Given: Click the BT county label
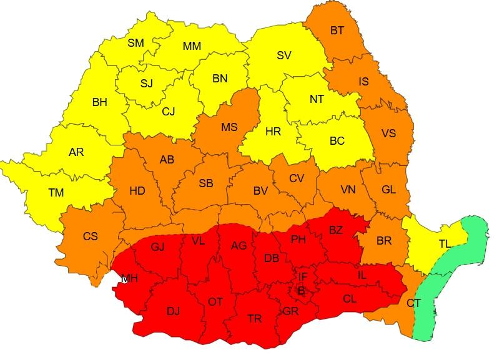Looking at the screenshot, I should click(337, 29).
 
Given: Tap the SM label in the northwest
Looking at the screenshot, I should click(135, 43).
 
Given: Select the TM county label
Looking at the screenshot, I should click(56, 193).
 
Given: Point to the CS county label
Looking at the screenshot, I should click(91, 236).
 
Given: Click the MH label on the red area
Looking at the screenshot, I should click(130, 278).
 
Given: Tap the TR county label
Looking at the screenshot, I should click(254, 318).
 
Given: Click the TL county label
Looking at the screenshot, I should click(445, 244).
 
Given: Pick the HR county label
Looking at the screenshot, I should click(273, 132).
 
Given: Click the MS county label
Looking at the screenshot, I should click(229, 127).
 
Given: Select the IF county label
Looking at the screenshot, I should click(303, 276).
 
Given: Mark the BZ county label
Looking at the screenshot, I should click(335, 230).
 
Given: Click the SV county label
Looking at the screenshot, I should click(284, 56).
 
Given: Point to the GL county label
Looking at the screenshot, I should click(388, 190).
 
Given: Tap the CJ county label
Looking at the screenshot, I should click(169, 112).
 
